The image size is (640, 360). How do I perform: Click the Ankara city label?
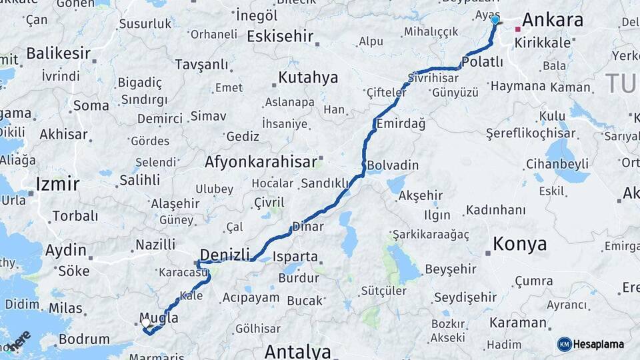pos(553,20)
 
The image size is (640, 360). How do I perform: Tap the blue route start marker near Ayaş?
pos(495,21)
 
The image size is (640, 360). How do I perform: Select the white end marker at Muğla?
pos(146,323)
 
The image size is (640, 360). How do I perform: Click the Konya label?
pos(520,244)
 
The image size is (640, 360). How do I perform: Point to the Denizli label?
pos(225,254)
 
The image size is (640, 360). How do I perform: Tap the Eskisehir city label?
pos(280,37)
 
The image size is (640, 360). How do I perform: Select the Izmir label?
pos(57,184)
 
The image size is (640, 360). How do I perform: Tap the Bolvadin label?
pos(393,165)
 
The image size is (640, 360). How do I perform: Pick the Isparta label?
pos(295,257)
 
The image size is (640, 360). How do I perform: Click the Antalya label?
pos(297,351)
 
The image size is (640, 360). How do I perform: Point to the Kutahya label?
pos(308,78)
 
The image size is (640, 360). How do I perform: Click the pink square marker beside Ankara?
pos(517,29)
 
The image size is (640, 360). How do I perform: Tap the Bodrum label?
pos(84,339)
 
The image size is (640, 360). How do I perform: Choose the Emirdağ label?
pos(401,124)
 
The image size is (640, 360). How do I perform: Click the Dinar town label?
pos(308,227)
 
